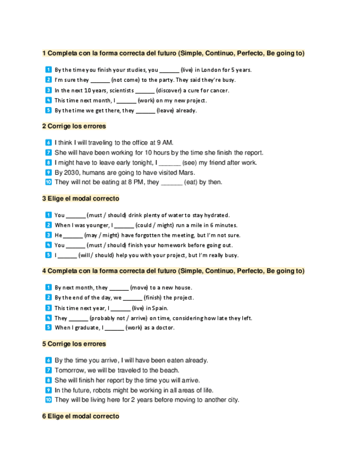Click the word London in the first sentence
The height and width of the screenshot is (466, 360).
pyautogui.click(x=210, y=70)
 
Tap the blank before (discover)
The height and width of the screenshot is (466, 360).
pyautogui.click(x=145, y=91)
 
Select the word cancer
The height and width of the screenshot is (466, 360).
pyautogui.click(x=218, y=91)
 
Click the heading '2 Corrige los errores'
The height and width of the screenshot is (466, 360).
pyautogui.click(x=74, y=126)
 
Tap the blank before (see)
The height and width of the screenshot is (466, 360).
pyautogui.click(x=170, y=163)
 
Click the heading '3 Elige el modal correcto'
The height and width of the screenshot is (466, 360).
pyautogui.click(x=80, y=198)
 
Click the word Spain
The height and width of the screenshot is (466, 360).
pyautogui.click(x=158, y=308)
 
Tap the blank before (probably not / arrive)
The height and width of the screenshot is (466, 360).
pyautogui.click(x=79, y=318)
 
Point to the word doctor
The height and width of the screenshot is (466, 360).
pyautogui.click(x=164, y=328)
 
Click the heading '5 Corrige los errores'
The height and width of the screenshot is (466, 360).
pyautogui.click(x=74, y=344)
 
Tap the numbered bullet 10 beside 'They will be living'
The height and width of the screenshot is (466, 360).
pyautogui.click(x=48, y=400)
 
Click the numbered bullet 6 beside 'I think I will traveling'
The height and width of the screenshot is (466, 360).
pyautogui.click(x=48, y=143)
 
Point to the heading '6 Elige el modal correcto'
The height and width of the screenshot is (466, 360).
pyautogui.click(x=80, y=417)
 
